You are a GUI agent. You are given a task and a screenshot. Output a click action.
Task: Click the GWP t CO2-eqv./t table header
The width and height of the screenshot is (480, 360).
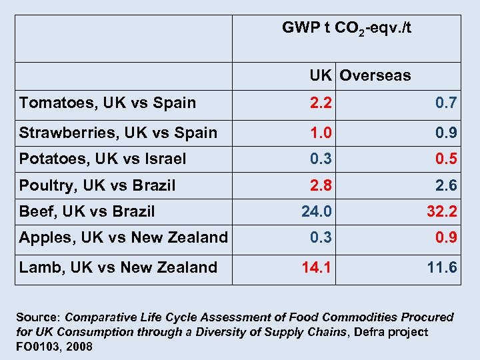[x=347, y=29]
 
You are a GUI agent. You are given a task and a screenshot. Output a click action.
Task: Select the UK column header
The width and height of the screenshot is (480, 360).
[x=320, y=75]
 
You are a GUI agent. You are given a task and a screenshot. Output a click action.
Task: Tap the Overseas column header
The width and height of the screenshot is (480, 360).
[x=375, y=75]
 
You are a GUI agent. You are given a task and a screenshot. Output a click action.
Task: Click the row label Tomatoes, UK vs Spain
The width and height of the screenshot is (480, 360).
[x=108, y=103]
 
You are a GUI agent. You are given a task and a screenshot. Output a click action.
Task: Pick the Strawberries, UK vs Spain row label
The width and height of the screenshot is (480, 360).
[x=118, y=133]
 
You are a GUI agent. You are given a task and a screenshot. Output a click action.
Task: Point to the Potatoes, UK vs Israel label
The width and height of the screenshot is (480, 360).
[x=103, y=159]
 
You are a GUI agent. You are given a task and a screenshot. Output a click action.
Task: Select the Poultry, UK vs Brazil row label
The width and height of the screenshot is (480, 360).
[x=97, y=185]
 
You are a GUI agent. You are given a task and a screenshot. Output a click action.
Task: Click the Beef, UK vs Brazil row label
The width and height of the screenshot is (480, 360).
[x=87, y=212]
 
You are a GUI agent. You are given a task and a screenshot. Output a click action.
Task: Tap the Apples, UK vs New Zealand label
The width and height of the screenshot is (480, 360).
[x=123, y=237]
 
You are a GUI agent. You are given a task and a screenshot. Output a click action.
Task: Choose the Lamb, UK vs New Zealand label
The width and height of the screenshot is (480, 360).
[x=118, y=267]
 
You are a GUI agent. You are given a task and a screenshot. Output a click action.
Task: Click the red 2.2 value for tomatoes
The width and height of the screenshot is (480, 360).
[x=320, y=103]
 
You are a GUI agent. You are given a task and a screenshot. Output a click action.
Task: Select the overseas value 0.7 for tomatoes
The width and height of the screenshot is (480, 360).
[x=446, y=103]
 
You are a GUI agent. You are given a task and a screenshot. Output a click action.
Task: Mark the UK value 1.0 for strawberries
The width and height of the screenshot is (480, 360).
[x=320, y=133]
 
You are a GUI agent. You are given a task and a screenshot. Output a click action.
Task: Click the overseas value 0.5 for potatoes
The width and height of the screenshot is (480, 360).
[x=446, y=159]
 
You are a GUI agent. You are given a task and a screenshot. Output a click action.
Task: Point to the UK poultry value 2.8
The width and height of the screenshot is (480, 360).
[x=320, y=185]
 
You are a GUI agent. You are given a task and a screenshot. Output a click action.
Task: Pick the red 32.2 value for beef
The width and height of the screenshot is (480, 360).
[x=442, y=212]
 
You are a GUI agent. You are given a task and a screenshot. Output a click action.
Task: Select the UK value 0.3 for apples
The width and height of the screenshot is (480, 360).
[x=320, y=237]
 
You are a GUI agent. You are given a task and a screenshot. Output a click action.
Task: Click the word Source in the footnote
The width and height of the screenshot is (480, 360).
[x=37, y=318]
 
